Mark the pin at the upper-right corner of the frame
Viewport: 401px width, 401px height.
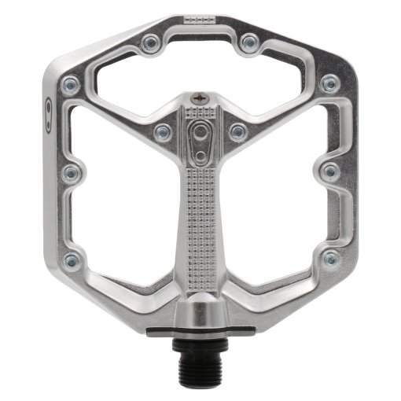[x=331, y=83]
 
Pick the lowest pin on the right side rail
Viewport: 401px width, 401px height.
[x=331, y=258]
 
